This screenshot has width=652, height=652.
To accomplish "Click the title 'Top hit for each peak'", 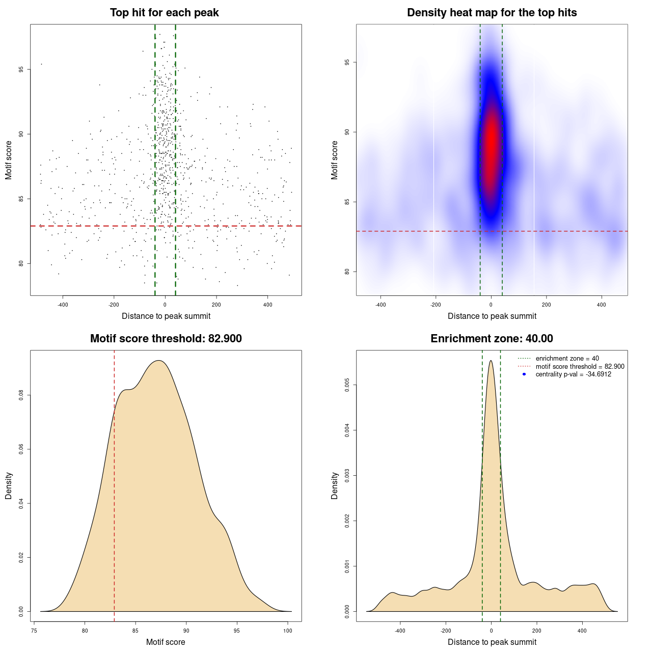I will pos(165,13).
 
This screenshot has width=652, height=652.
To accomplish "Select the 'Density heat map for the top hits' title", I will pos(492,13).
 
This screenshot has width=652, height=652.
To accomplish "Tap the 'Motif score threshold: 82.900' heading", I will pos(166,339).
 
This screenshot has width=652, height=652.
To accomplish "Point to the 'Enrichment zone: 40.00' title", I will pos(492,339).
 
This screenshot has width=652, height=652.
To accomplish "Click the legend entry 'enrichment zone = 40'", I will pos(567,359).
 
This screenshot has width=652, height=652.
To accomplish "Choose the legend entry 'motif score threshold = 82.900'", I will pos(580,366).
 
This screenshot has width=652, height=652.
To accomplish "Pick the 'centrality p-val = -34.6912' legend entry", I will pos(573,374).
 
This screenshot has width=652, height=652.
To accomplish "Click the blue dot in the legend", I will pos(524,374).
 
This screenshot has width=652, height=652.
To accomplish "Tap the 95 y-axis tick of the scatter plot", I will pos(21,69).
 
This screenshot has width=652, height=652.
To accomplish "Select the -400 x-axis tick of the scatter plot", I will pos(63,305).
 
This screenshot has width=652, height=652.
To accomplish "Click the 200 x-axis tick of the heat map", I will pos(546,305).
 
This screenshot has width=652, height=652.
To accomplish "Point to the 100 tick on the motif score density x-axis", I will pos(288,631).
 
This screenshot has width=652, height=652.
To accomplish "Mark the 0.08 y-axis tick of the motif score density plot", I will pos(21,395).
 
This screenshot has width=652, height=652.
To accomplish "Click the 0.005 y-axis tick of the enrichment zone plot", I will pos(347,385).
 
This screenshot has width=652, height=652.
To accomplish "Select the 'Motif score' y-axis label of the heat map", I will pos(335,160).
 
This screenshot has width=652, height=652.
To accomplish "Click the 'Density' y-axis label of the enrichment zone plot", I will pos(335,485).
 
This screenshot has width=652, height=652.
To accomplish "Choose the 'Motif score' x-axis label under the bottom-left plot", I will pos(166,642).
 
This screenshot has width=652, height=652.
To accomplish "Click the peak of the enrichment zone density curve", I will pos(491,361).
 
